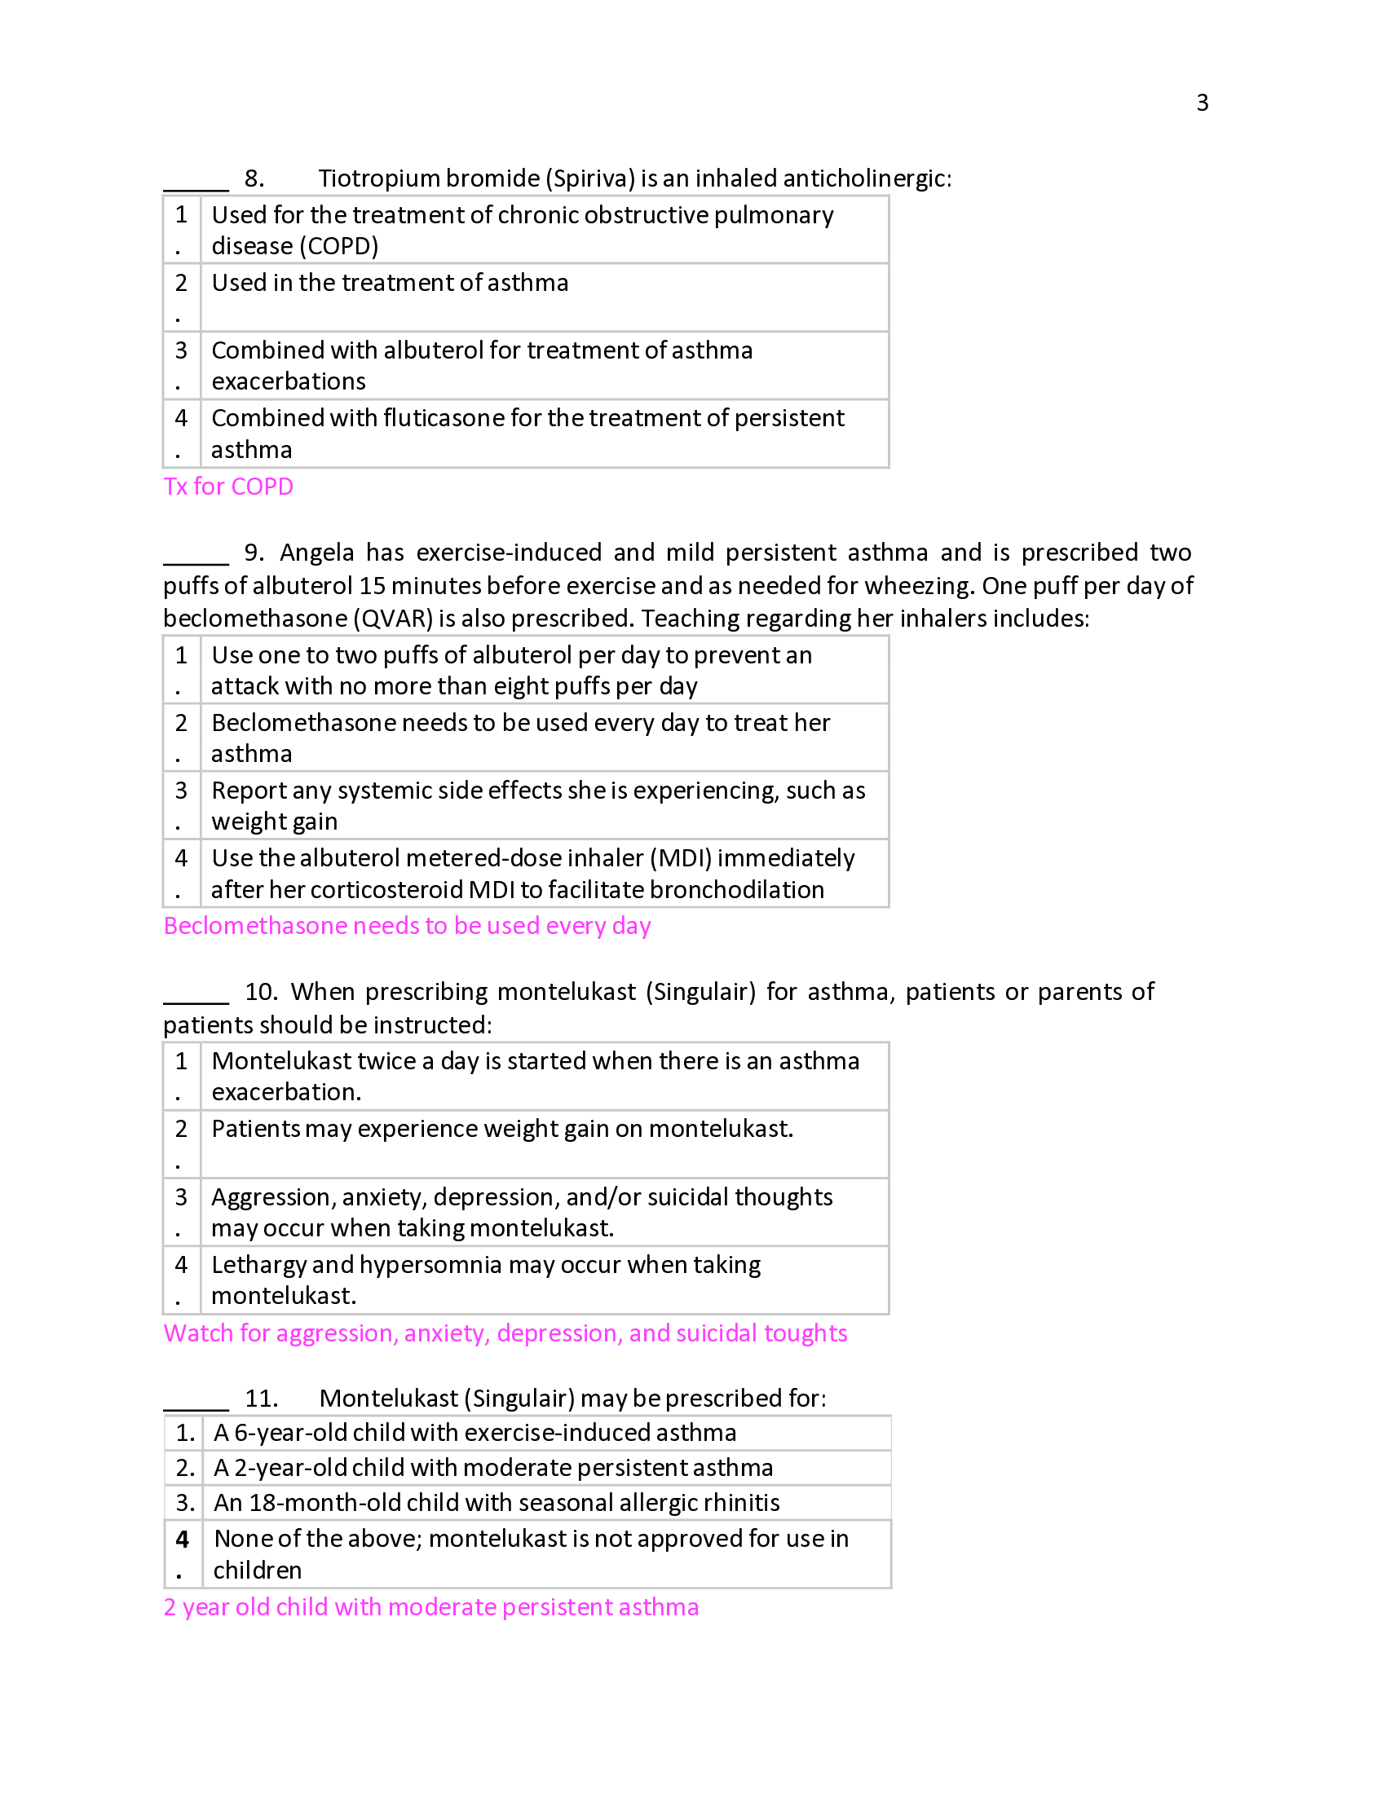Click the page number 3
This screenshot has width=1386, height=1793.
pyautogui.click(x=1201, y=103)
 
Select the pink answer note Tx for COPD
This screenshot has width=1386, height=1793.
pyautogui.click(x=228, y=486)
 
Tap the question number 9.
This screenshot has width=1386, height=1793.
pyautogui.click(x=254, y=553)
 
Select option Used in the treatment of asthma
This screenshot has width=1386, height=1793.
pyautogui.click(x=390, y=283)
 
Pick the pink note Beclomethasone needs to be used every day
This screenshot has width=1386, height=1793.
pyautogui.click(x=408, y=925)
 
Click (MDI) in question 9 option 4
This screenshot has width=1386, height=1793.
pyautogui.click(x=681, y=858)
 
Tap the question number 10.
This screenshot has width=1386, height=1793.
pyautogui.click(x=261, y=992)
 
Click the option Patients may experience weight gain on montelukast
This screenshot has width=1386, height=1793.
pyautogui.click(x=502, y=1129)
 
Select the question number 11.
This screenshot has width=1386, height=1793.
pyautogui.click(x=261, y=1398)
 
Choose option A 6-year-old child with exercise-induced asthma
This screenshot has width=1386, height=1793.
pyautogui.click(x=475, y=1433)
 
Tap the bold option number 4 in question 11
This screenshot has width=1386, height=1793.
pyautogui.click(x=183, y=1539)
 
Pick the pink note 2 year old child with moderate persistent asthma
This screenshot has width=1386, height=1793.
pyautogui.click(x=431, y=1606)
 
